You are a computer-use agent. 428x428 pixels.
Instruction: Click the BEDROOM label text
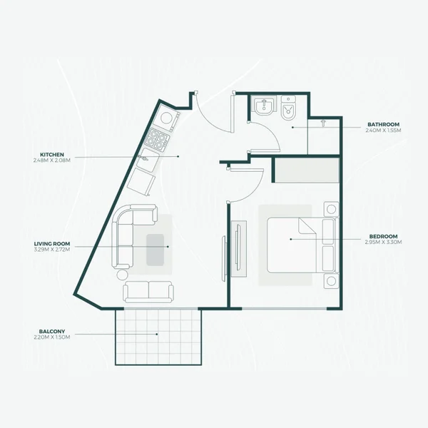[x=384, y=236]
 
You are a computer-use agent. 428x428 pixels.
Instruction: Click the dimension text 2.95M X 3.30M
[x=384, y=243]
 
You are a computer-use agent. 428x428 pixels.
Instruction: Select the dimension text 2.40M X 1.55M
[x=384, y=131]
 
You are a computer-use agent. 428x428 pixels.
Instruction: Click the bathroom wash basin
[x=262, y=108]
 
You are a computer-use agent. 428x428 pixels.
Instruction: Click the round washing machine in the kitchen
[x=168, y=117]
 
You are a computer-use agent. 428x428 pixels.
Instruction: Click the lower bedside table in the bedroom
[x=330, y=281]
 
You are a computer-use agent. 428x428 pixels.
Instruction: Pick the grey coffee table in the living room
[x=158, y=249]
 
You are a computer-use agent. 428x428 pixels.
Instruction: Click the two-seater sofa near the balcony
[x=148, y=291]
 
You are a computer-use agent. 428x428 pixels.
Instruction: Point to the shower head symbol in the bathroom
[x=323, y=123]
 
